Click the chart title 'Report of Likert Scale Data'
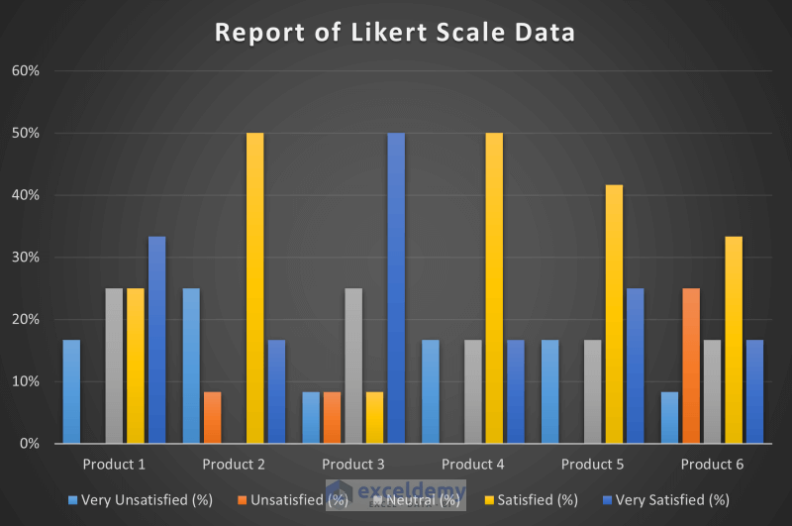[x=395, y=32]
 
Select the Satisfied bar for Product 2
[x=254, y=288]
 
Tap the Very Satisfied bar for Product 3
[x=396, y=288]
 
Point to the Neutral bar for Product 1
[x=115, y=367]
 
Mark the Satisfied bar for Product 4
[x=494, y=288]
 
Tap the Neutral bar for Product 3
[x=353, y=367]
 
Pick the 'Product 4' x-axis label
[x=473, y=464]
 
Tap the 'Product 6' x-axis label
[x=713, y=464]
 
